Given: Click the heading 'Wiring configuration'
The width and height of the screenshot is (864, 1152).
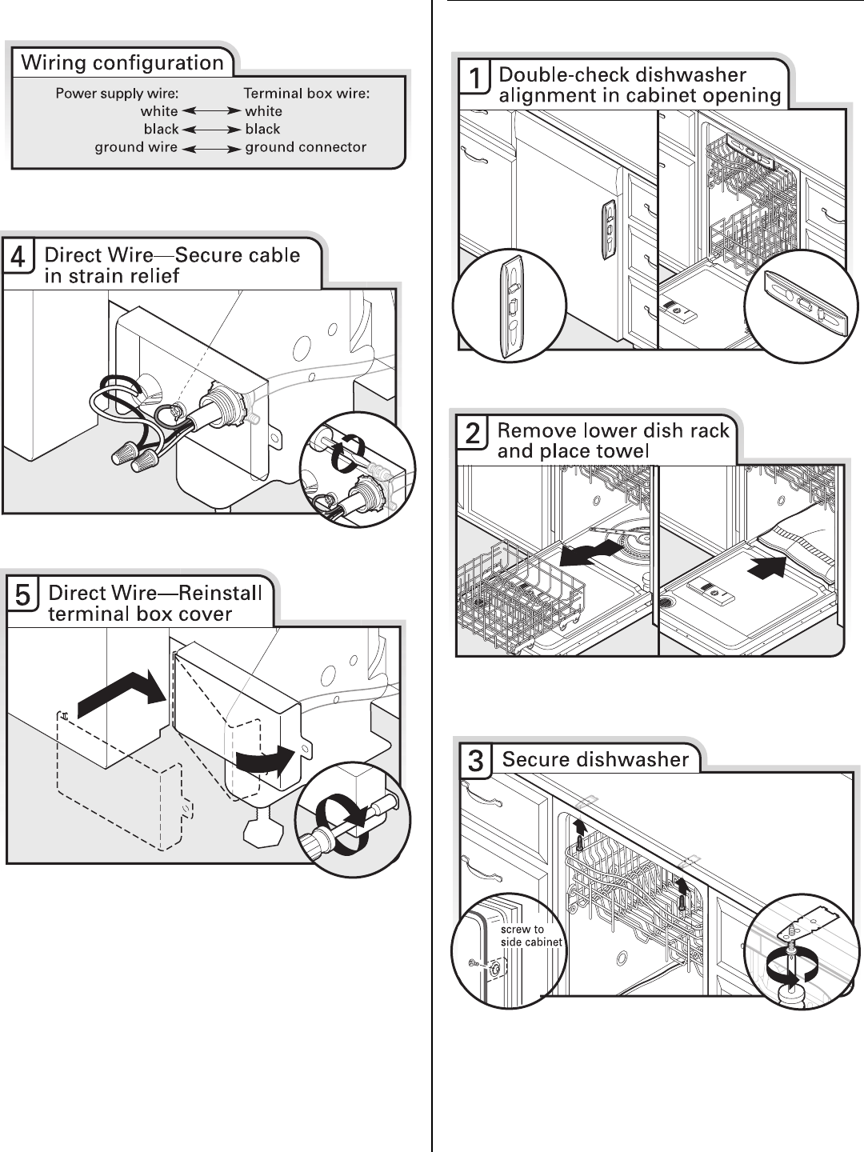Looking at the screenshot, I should point(122,63).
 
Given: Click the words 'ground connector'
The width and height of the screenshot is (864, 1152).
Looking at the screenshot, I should point(306,147).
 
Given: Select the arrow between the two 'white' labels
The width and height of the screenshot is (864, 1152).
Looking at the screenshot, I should point(211,112).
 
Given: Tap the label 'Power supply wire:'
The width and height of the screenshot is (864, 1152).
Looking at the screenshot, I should point(117,94).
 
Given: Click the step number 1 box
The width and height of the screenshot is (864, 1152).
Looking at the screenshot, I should point(474,78).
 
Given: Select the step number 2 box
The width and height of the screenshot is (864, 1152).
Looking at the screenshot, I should point(473,434).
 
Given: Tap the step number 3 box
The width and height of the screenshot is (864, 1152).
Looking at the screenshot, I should point(475,761).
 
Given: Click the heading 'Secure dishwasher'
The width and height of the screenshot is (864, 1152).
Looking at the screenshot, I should point(595,759).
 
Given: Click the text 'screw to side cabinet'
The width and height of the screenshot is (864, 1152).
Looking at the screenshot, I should point(531,936).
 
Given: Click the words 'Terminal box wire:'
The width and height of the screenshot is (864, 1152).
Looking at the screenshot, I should point(306,94).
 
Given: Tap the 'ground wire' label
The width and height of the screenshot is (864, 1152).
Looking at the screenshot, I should point(136,147).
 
